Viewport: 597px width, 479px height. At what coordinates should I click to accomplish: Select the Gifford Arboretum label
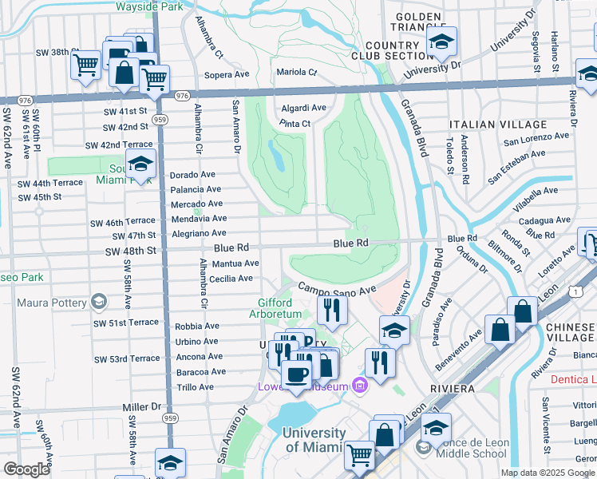tap(285, 310)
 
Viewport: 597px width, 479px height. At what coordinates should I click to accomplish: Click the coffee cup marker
tap(296, 374)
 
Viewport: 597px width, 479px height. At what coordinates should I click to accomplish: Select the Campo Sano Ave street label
tap(337, 288)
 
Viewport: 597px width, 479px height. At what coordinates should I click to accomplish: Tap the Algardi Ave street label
tap(303, 108)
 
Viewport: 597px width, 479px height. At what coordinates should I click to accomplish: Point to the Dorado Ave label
tap(193, 175)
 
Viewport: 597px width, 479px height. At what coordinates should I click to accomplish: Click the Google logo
tap(26, 469)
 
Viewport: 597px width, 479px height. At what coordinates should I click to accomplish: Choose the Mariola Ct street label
tap(296, 72)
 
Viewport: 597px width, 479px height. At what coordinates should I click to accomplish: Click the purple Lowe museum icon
tap(360, 387)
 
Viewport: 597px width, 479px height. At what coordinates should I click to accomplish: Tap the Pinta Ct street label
tap(295, 124)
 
